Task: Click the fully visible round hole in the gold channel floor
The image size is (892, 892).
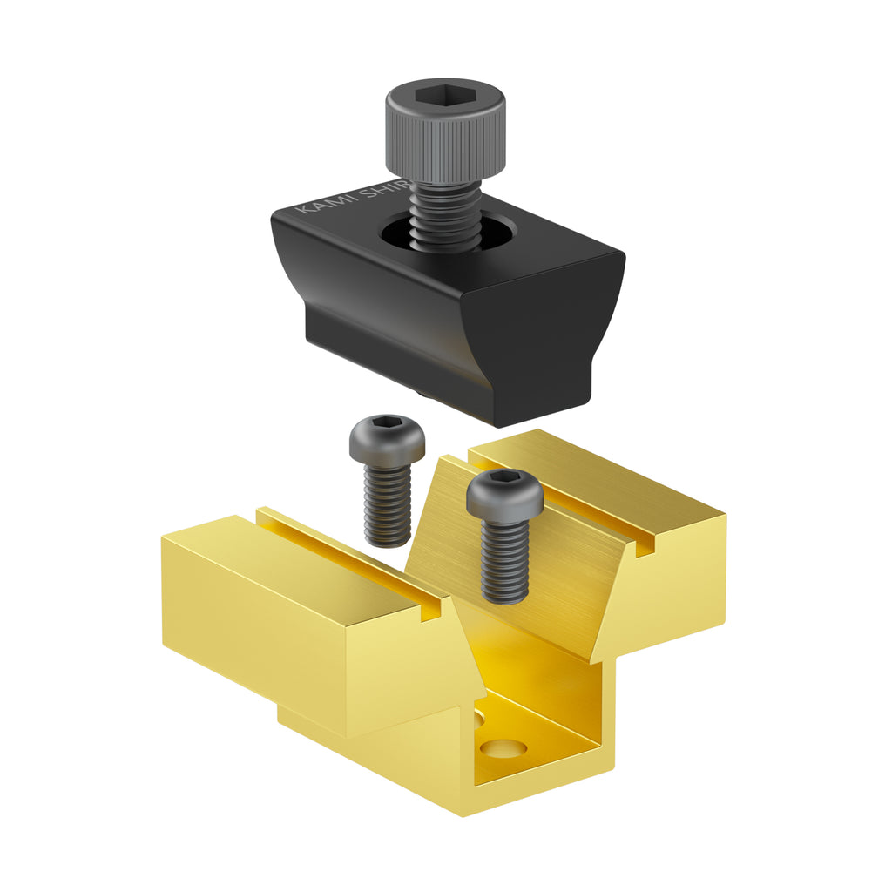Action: pyautogui.click(x=503, y=747)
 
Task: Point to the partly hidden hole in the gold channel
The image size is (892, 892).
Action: pyautogui.click(x=478, y=718)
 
